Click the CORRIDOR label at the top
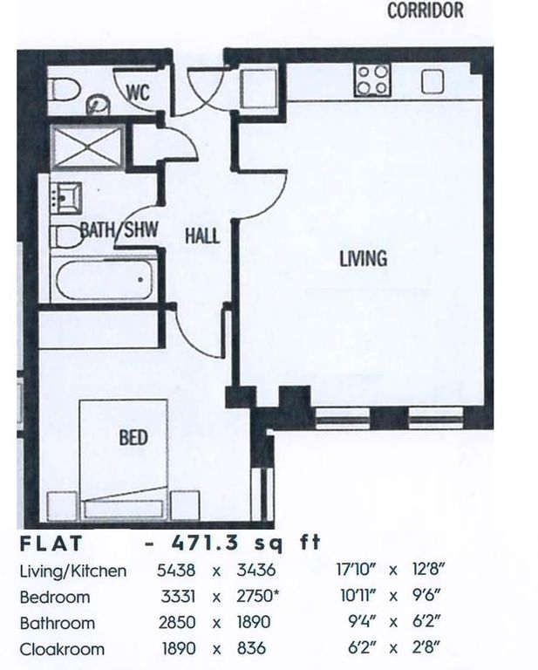[x=426, y=10]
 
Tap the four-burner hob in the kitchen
[x=372, y=80]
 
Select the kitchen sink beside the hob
[x=432, y=81]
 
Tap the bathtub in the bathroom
[x=104, y=279]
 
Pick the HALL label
[x=202, y=236]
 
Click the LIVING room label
[x=364, y=258]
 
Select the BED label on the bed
[x=133, y=438]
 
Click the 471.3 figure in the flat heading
[x=205, y=544]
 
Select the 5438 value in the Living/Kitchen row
[x=176, y=570]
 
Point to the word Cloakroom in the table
[x=62, y=649]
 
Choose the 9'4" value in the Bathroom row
[x=363, y=622]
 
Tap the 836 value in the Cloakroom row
[x=251, y=648]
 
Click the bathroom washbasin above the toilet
[x=66, y=198]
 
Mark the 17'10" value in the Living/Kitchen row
[x=356, y=570]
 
